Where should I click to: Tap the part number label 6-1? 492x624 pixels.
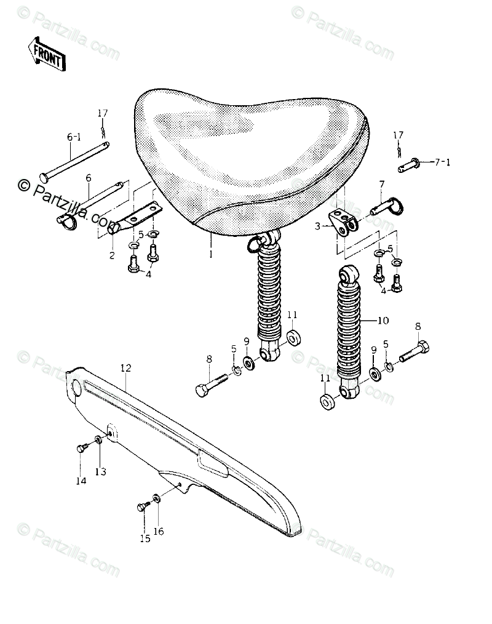(x=73, y=138)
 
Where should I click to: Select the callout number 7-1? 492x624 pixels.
(x=443, y=163)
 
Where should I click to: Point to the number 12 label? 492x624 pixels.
(x=125, y=368)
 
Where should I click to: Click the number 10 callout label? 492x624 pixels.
(x=383, y=321)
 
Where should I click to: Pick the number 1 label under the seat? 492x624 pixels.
(x=210, y=253)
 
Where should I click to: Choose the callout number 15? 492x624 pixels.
(x=145, y=538)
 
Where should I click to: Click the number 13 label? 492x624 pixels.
(x=100, y=471)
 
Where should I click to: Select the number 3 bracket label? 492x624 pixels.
(x=317, y=226)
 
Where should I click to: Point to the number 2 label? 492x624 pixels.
(x=112, y=255)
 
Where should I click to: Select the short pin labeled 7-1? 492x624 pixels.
(x=408, y=164)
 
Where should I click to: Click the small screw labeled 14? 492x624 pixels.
(x=81, y=449)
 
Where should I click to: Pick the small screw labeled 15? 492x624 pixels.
(x=143, y=507)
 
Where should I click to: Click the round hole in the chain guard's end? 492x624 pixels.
(x=76, y=389)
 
